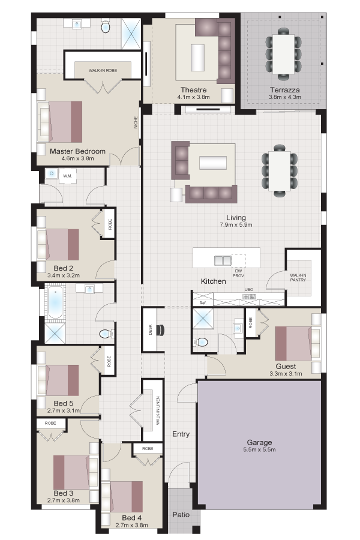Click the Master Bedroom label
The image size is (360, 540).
[77, 151]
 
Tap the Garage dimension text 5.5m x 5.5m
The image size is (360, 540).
[259, 449]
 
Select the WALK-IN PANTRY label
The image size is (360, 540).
[298, 278]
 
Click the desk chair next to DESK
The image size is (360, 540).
[161, 330]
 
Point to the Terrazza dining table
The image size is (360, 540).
[284, 54]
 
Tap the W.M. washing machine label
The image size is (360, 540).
[67, 176]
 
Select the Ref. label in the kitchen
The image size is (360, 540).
[203, 303]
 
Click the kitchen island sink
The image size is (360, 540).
[223, 261]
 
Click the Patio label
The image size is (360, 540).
[181, 515]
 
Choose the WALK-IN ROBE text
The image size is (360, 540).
[103, 70]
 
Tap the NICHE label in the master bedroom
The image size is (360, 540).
[136, 122]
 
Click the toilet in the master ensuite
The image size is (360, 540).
[106, 26]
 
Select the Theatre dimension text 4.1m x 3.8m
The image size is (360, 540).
[194, 97]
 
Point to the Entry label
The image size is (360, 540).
[181, 434]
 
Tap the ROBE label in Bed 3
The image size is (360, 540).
[50, 423]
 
